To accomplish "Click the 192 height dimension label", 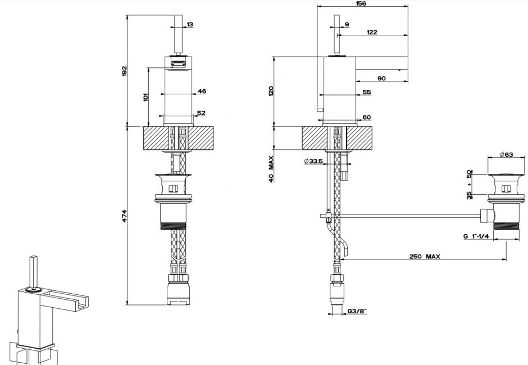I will coord(125,71).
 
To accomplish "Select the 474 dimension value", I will coord(125,215).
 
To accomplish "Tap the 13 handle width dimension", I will coord(190,24).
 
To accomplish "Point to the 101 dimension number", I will coord(145,97).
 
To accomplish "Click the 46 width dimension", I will coord(202,91).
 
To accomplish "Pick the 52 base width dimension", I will coord(201,113).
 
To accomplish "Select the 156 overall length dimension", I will coord(361,4).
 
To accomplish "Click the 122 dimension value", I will coord(371,32).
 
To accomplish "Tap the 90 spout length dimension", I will coord(381,78).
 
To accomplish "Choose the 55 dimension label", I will coord(367,92).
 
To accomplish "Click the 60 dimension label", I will coord(367,117).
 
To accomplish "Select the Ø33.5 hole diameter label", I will coord(313,162).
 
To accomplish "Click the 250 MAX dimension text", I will coord(425,256).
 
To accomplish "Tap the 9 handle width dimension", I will coord(347,24).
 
